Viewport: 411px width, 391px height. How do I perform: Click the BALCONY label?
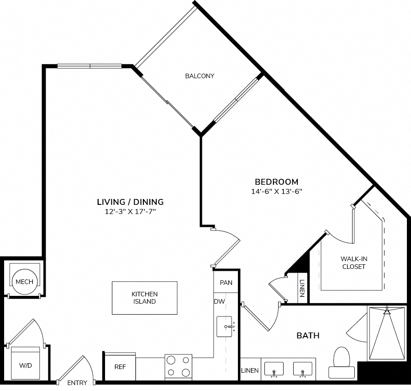pos(200,76)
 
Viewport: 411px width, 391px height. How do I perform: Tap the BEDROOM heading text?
pos(277,182)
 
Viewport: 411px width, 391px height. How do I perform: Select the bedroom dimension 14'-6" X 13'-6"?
pos(277,192)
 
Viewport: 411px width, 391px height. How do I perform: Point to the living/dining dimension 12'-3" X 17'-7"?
pos(130,212)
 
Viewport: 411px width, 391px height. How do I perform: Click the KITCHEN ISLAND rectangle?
pos(145,298)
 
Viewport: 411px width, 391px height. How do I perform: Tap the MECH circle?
pos(25,282)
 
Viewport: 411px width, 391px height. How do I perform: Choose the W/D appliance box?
pos(26,363)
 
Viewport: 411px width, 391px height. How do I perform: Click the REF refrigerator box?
pos(120,366)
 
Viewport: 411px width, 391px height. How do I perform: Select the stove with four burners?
pos(178,367)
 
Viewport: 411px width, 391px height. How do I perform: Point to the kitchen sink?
pos(224,327)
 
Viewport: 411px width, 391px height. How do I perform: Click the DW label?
pos(219,301)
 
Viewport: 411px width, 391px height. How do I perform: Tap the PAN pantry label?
pos(226,283)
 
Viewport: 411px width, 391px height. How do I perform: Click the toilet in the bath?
pos(342,363)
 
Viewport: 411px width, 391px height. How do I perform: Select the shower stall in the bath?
pos(387,333)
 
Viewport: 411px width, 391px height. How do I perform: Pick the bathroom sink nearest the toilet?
pos(302,370)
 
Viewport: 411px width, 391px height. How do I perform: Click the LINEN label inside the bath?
pos(250,370)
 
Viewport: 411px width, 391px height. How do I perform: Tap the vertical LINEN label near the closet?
pos(302,288)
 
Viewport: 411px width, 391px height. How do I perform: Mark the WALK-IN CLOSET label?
pos(353,262)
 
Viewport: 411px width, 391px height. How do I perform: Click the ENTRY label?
pos(77,383)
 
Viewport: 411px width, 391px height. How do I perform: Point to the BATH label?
pos(308,335)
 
